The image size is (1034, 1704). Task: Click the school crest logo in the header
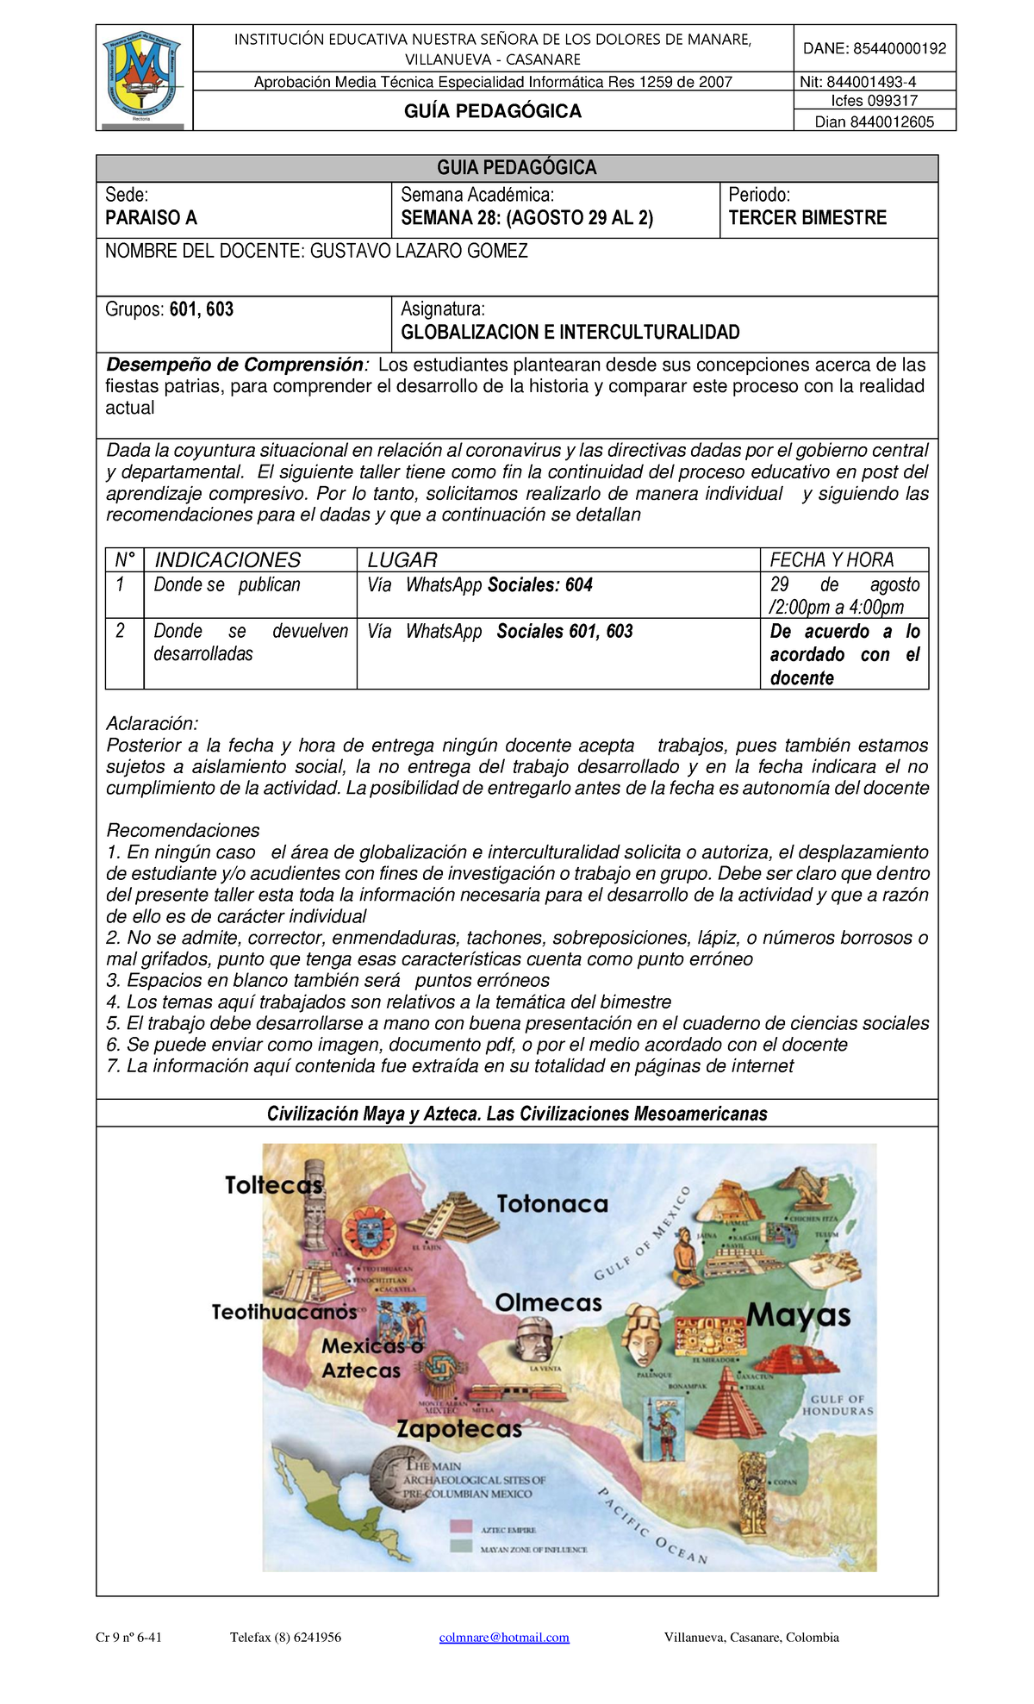pos(144,78)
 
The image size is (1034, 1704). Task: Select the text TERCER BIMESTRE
pos(807,218)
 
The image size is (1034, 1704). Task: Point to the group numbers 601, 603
pos(202,309)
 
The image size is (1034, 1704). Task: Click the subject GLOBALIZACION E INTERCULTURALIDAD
pos(570,332)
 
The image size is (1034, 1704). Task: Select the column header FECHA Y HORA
pos(832,560)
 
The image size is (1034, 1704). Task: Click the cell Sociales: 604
pos(540,585)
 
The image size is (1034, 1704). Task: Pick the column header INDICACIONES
pos(227,560)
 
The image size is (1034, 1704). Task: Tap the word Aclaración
pos(152,724)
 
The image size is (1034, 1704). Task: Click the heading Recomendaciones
pos(183,831)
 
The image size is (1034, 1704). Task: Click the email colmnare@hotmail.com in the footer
pos(504,1638)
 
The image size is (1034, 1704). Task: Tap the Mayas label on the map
pos(799,1315)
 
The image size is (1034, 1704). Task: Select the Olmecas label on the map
pos(548,1302)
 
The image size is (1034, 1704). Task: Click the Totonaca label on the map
pos(552,1204)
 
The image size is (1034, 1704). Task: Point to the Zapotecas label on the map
pos(459,1429)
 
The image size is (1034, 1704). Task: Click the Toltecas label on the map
pos(273,1185)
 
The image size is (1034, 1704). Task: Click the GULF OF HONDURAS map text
pos(837,1406)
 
